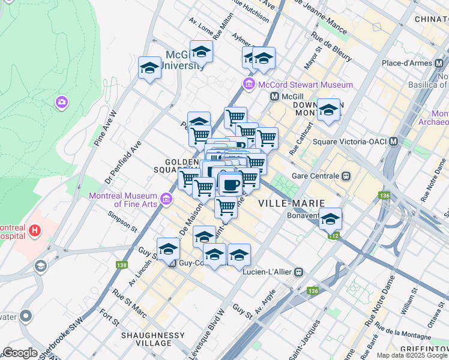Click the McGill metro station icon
pyautogui.click(x=274, y=96)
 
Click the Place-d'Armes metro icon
pyautogui.click(x=440, y=62)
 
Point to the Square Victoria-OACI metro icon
pyautogui.click(x=394, y=142)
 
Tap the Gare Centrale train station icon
pyautogui.click(x=346, y=176)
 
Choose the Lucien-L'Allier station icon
pyautogui.click(x=298, y=272)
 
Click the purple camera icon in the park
pyautogui.click(x=61, y=103)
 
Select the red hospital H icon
pyautogui.click(x=35, y=230)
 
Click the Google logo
pyautogui.click(x=20, y=352)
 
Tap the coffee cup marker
pyautogui.click(x=229, y=184)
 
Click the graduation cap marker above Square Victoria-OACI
pyautogui.click(x=328, y=110)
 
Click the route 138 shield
pyautogui.click(x=122, y=264)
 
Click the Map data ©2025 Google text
pyautogui.click(x=411, y=355)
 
